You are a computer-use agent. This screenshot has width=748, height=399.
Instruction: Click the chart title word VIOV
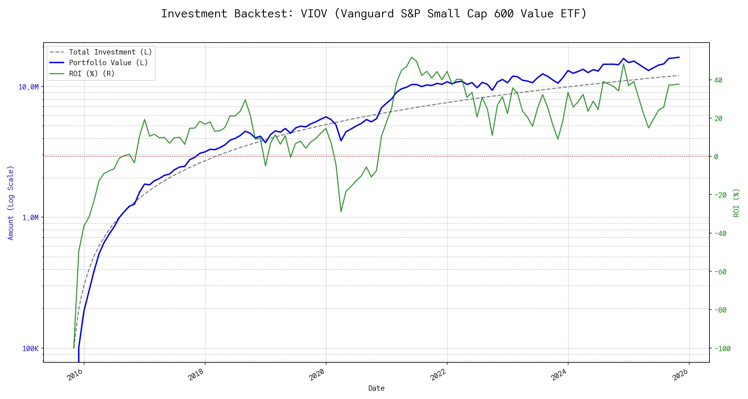pos(313,14)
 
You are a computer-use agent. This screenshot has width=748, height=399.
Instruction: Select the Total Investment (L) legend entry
pos(110,52)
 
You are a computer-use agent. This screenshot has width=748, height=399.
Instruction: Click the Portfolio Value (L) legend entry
pos(108,63)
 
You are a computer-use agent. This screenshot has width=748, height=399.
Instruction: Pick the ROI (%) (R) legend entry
pos(91,73)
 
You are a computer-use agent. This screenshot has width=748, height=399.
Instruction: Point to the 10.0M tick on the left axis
pos(28,87)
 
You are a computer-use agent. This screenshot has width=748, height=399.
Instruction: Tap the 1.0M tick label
pos(30,218)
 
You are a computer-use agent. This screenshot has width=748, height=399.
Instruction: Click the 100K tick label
pos(30,348)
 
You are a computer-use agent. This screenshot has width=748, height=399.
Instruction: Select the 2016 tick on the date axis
pos(75,375)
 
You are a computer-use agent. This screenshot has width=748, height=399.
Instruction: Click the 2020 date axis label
pos(317,375)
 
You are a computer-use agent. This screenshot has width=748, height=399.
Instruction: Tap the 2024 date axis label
pos(559,375)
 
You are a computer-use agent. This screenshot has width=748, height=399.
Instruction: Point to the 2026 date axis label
pos(680,375)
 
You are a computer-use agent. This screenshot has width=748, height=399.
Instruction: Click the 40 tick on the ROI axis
pos(718,80)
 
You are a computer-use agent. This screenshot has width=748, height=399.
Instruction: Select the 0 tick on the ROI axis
pos(716,157)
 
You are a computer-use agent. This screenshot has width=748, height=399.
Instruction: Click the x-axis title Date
pos(376,388)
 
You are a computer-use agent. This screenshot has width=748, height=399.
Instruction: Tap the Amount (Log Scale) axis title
pos(11,203)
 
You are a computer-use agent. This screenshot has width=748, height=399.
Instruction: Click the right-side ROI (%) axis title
pos(736,203)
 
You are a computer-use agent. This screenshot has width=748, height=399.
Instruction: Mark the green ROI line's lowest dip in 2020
pos(341,212)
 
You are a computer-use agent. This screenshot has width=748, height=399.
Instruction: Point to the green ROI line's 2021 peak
pos(412,57)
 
